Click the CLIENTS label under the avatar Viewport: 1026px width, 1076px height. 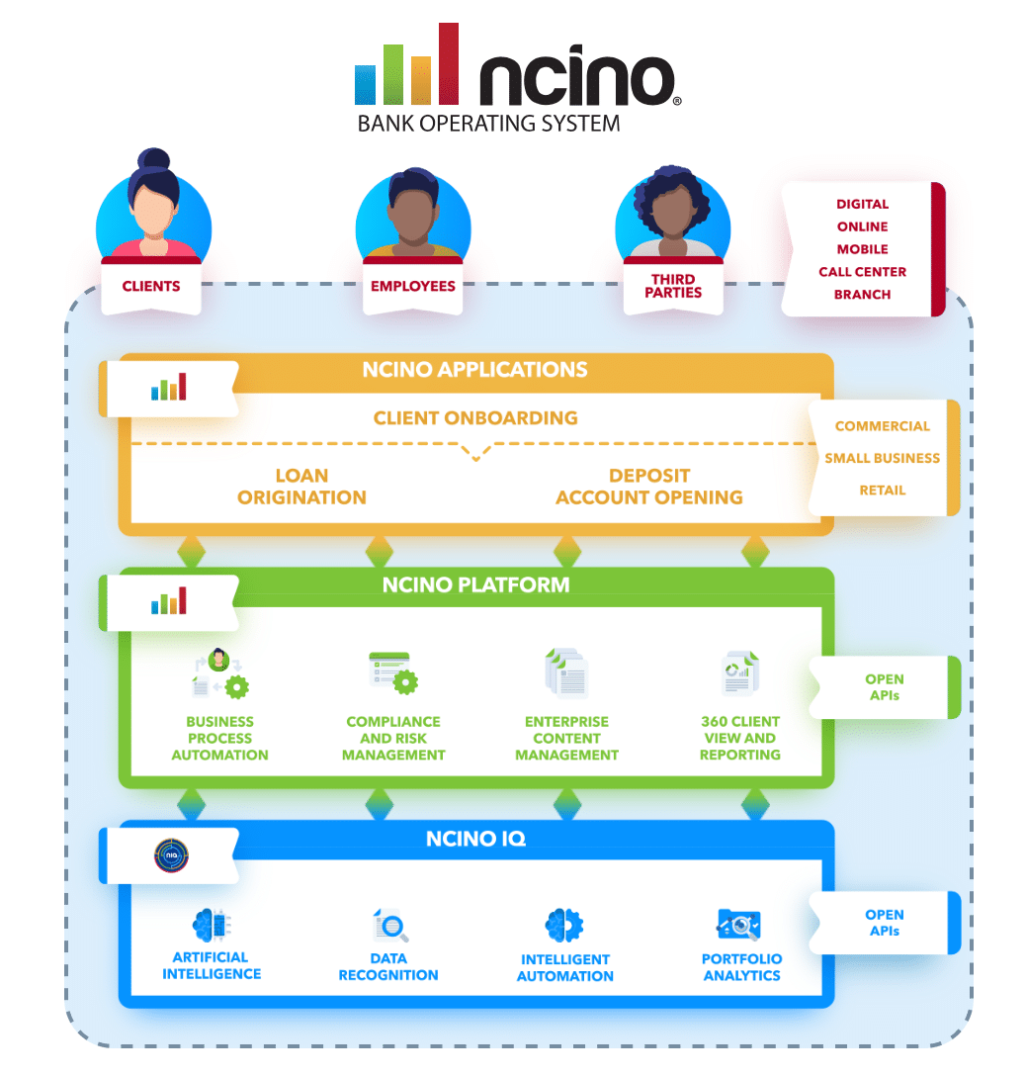(x=151, y=287)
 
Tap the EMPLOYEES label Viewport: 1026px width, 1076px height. (x=412, y=287)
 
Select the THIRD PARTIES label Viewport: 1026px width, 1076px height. (x=673, y=286)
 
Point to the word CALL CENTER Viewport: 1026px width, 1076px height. (x=862, y=272)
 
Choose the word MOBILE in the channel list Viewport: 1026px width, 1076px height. (x=862, y=249)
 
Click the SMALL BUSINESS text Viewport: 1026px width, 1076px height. (x=882, y=458)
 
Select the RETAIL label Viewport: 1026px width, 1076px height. (x=882, y=490)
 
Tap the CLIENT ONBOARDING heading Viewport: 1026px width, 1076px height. (x=475, y=417)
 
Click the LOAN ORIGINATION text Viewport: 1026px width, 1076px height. (x=301, y=487)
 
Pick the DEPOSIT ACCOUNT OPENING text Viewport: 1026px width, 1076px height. (x=648, y=487)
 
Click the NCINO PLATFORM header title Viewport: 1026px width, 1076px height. (x=475, y=584)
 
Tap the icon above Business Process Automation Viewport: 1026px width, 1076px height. (x=219, y=675)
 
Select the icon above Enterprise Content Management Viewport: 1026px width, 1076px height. (x=566, y=673)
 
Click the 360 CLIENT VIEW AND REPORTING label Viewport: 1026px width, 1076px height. (x=740, y=738)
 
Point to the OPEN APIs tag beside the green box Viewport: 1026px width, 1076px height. (x=884, y=687)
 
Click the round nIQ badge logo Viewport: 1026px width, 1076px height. (x=171, y=855)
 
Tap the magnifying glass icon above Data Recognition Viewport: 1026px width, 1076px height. (x=391, y=927)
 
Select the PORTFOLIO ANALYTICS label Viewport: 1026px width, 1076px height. (x=741, y=967)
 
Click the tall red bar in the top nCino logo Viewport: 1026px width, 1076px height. (x=449, y=63)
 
